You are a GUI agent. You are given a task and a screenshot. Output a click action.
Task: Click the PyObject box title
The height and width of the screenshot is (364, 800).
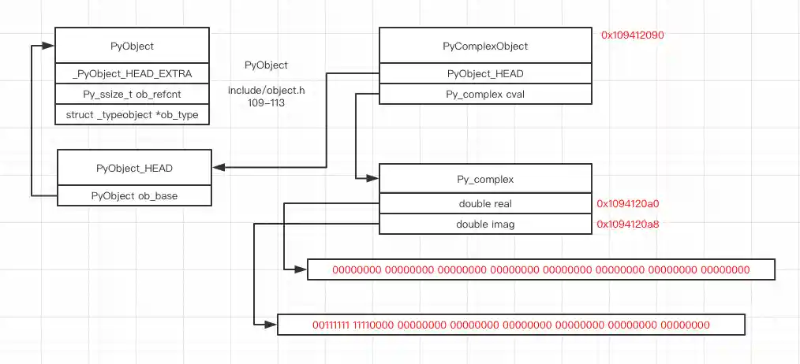pos(132,46)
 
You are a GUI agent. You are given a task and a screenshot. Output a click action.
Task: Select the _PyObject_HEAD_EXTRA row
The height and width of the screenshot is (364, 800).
pos(132,74)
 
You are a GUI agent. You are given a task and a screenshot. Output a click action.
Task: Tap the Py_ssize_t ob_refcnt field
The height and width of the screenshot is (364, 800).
pos(132,95)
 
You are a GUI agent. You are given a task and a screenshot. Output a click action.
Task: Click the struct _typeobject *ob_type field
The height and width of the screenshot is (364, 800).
pos(132,115)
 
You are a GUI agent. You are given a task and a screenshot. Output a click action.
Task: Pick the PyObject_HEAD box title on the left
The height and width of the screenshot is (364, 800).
pos(134,168)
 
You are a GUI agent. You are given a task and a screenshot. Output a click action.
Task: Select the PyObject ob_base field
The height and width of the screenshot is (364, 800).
pos(134,195)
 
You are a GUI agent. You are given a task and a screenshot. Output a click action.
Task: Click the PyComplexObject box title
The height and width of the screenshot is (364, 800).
pos(485,46)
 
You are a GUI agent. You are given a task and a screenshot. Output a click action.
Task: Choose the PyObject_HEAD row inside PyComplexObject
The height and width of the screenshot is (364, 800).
pos(485,74)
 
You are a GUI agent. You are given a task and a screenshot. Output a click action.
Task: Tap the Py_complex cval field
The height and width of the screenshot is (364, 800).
pos(485,95)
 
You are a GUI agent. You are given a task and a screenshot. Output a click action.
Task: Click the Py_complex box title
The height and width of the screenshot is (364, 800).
pos(485,180)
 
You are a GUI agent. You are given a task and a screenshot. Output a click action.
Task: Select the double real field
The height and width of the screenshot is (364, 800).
pos(485,203)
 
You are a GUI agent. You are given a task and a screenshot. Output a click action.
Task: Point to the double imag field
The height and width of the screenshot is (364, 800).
pos(485,225)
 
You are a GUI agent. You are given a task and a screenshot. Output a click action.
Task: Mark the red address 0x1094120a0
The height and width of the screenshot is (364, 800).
pos(627,203)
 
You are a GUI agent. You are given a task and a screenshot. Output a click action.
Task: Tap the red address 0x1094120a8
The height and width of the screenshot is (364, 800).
pos(627,225)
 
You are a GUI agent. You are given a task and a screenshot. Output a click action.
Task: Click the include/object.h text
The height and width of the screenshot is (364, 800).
pos(266,91)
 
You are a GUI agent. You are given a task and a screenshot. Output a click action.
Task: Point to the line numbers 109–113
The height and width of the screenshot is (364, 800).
pos(266,102)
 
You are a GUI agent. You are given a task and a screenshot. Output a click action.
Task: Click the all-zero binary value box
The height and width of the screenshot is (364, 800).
pos(540,269)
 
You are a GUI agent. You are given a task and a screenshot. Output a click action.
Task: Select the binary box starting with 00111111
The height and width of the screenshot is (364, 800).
pos(510,325)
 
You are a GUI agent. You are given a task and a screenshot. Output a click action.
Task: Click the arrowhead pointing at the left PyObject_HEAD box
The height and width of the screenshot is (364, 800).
pos(218,167)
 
